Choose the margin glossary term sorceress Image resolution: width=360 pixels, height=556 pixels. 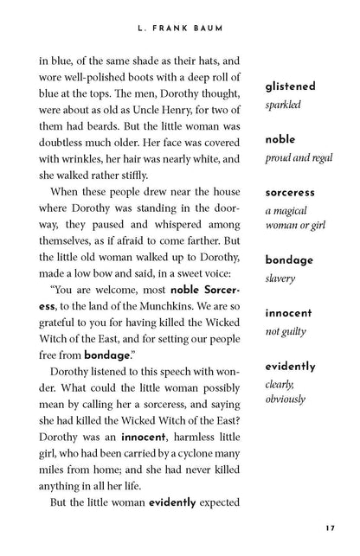pos(290,192)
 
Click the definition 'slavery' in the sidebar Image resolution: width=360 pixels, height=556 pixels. pos(280,279)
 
